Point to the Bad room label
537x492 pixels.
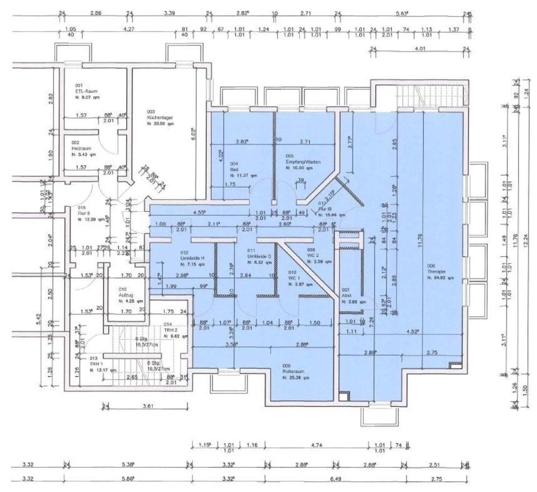coord(234,169)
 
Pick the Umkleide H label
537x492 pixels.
coord(192,257)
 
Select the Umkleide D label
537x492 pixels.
coord(259,256)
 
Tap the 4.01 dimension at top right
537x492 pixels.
coord(420,49)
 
